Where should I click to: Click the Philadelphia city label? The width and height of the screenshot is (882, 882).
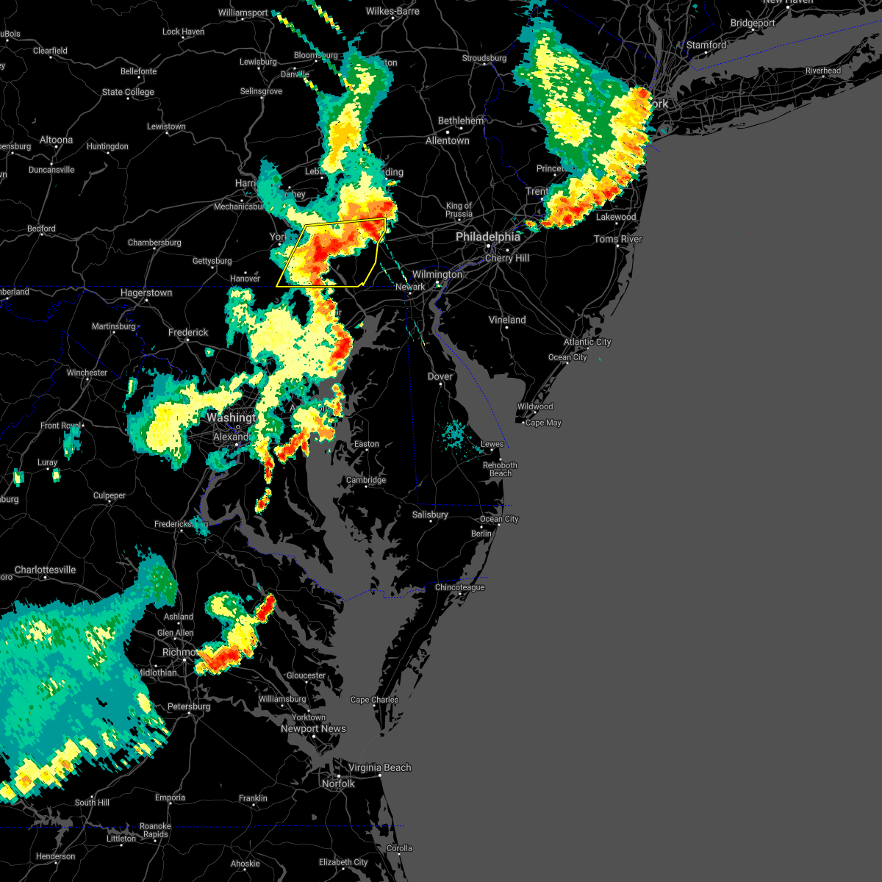487,237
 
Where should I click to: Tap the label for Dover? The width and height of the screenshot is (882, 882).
440,376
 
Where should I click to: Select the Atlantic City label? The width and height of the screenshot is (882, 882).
587,342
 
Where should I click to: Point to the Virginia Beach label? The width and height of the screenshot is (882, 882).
379,767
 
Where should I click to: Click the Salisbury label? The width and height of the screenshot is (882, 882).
430,514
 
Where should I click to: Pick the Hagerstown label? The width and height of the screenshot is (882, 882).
146,293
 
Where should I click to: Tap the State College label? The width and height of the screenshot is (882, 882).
128,92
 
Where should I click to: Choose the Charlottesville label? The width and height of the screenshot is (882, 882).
46,570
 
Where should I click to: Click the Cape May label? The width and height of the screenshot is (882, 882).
543,423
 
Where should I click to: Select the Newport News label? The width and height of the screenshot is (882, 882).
313,728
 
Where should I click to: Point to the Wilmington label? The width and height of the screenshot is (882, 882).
437,274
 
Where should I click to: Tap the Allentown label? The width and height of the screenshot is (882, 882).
447,140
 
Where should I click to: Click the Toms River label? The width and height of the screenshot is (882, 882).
617,239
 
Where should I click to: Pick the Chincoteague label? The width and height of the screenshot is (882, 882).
459,587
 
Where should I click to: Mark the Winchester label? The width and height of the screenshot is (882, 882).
87,373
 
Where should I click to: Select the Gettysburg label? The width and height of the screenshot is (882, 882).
212,261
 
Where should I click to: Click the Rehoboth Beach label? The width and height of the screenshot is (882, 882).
500,469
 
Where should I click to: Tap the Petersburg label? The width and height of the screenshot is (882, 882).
189,706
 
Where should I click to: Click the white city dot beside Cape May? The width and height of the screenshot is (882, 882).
523,423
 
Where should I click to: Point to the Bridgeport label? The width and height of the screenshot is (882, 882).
753,23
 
